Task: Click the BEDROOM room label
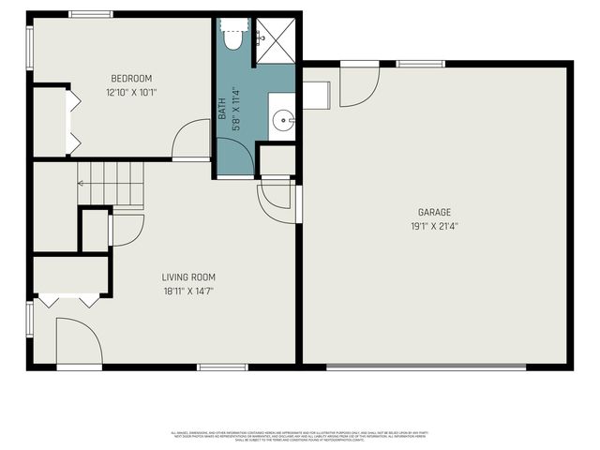131,79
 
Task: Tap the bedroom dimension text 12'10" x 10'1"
131,93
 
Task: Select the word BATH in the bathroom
223,111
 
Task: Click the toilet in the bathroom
232,37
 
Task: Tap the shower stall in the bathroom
275,38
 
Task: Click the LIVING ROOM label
188,277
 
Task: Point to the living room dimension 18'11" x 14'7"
188,292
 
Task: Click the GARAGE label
434,212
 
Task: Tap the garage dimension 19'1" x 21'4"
434,226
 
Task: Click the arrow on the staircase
82,184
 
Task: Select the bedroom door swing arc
191,141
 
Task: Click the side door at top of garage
359,84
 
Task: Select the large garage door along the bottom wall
439,366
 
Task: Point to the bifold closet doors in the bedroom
68,121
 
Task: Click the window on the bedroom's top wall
91,14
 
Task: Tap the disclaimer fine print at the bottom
300,435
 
